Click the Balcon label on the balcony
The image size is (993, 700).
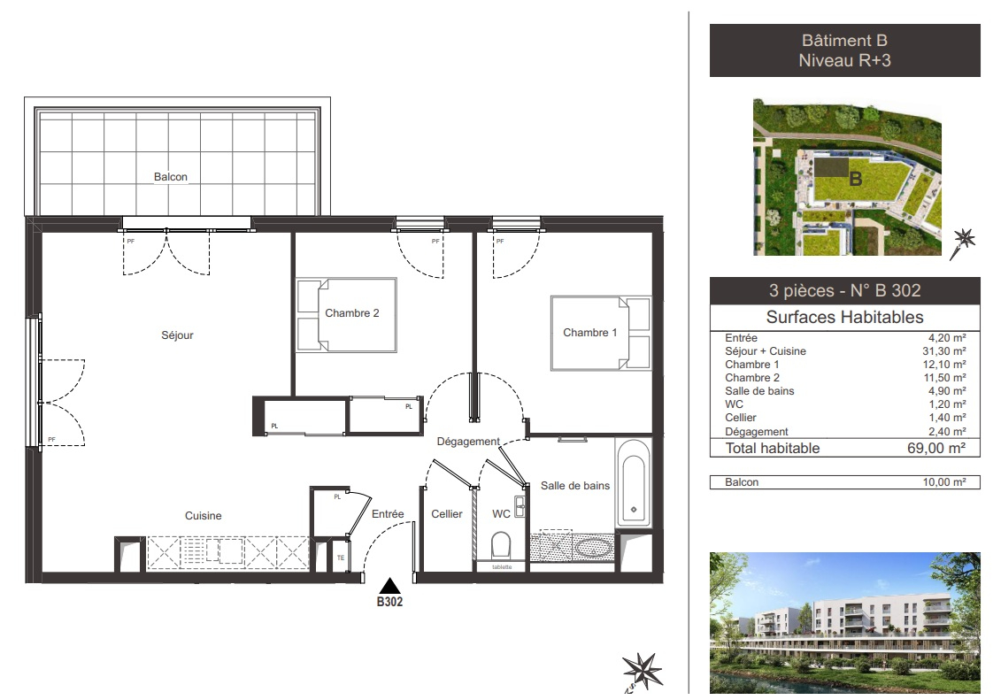click(171, 177)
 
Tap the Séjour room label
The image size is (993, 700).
click(177, 335)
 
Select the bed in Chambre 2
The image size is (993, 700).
click(346, 314)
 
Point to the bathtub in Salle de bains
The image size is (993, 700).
click(633, 483)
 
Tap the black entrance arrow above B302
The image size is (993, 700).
click(390, 585)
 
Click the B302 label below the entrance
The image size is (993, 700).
click(390, 603)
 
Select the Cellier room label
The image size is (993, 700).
click(447, 514)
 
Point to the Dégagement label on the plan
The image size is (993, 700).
click(468, 441)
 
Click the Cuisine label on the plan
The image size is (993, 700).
click(203, 516)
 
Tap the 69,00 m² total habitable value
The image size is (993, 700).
click(936, 449)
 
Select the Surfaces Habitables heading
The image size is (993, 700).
click(844, 318)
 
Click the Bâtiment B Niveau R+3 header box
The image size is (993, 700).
click(844, 51)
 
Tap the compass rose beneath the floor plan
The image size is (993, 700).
click(642, 668)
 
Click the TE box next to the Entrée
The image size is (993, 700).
click(340, 558)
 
